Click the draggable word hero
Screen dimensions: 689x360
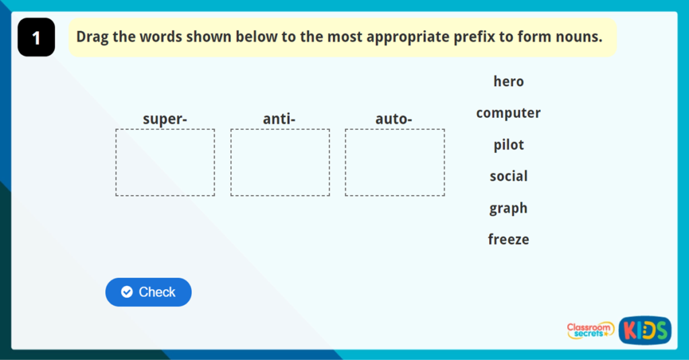pos(509,81)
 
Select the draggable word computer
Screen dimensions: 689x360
pos(509,113)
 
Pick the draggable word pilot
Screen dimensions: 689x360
pos(509,145)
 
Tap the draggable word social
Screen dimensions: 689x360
pos(509,176)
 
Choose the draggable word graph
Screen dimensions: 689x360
pos(509,208)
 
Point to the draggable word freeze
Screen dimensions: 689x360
pos(509,240)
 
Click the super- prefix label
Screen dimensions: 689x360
pos(165,119)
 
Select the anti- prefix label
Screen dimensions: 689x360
pos(279,118)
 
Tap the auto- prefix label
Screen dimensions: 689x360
pos(394,118)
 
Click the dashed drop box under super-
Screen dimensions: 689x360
pos(166,129)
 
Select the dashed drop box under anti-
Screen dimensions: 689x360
pos(280,129)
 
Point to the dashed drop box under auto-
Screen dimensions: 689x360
pos(394,129)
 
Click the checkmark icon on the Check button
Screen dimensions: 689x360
pos(127,292)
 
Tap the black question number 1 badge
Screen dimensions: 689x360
pos(36,38)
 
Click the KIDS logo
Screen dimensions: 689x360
pos(645,330)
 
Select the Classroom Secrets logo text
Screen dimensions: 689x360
pos(589,330)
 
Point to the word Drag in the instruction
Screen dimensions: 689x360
pos(92,37)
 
